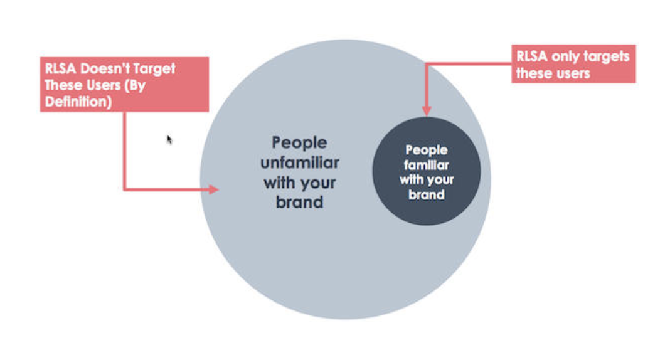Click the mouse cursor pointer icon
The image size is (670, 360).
[169, 139]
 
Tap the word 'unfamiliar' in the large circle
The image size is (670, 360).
[299, 163]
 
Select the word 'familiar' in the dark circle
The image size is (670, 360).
[426, 166]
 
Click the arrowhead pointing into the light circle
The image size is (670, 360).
[214, 189]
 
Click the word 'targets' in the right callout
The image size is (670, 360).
[608, 56]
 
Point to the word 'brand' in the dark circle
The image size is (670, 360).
[426, 194]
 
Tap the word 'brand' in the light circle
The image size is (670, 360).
[299, 203]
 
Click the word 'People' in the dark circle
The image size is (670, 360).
[426, 151]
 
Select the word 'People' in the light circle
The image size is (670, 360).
[299, 144]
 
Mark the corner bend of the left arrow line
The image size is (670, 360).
[125, 188]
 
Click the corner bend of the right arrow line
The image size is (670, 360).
[427, 64]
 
